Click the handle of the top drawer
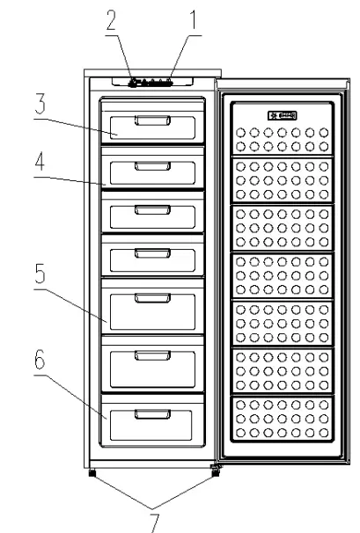pos(151,121)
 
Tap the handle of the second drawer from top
pos(151,165)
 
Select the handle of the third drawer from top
pos(151,209)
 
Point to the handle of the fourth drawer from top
pos(151,254)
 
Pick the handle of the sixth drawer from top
pos(151,356)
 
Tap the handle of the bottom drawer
pos(151,413)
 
